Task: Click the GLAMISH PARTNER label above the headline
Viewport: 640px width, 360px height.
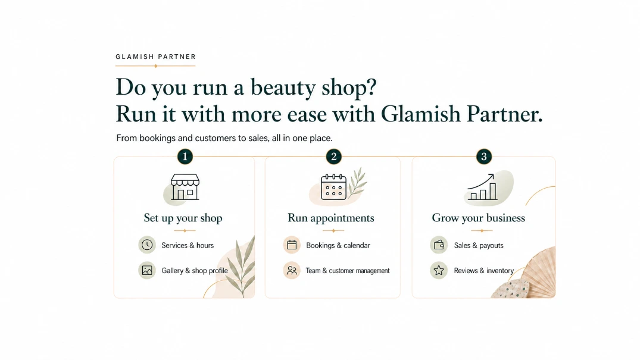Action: pyautogui.click(x=155, y=57)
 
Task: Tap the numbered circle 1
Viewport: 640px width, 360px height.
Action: pyautogui.click(x=185, y=156)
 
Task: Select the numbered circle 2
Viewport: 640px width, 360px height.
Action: pyautogui.click(x=334, y=156)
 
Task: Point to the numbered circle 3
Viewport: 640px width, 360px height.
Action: pyautogui.click(x=484, y=156)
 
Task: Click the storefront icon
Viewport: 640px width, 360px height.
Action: pyautogui.click(x=185, y=187)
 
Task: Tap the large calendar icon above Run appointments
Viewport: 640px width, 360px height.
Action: pyautogui.click(x=333, y=187)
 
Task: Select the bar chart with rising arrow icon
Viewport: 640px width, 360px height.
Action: pyautogui.click(x=482, y=187)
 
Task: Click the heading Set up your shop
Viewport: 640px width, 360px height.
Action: pyautogui.click(x=183, y=218)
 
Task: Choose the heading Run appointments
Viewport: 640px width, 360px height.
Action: pyautogui.click(x=331, y=218)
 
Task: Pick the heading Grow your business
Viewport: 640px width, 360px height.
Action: pyautogui.click(x=479, y=218)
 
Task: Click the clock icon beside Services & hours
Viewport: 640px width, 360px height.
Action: pyautogui.click(x=147, y=245)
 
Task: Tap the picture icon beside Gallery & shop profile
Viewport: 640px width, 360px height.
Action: pyautogui.click(x=147, y=270)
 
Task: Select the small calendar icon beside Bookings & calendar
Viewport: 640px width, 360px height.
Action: pyautogui.click(x=292, y=245)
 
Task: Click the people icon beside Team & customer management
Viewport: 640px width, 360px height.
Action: pyautogui.click(x=292, y=270)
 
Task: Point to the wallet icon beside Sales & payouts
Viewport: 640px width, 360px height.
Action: pyautogui.click(x=439, y=245)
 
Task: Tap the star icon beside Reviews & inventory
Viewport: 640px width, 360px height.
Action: pyautogui.click(x=439, y=270)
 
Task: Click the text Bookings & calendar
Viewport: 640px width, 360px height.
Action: pyautogui.click(x=338, y=245)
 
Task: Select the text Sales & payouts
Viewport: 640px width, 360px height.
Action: pyautogui.click(x=479, y=245)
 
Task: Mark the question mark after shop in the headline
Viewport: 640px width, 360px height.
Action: pyautogui.click(x=371, y=86)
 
